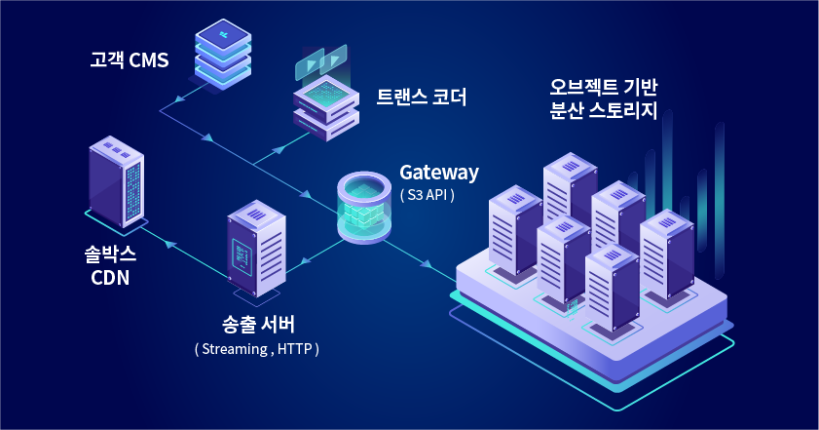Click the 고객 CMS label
pyautogui.click(x=130, y=60)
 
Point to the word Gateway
pyautogui.click(x=439, y=173)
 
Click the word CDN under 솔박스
pyautogui.click(x=110, y=279)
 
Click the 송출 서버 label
pyautogui.click(x=258, y=325)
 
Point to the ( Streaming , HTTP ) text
pyautogui.click(x=257, y=348)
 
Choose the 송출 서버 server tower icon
pyautogui.click(x=257, y=249)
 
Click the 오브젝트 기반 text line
pyautogui.click(x=604, y=86)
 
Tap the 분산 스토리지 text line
pyautogui.click(x=604, y=111)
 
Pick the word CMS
pyautogui.click(x=148, y=60)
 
